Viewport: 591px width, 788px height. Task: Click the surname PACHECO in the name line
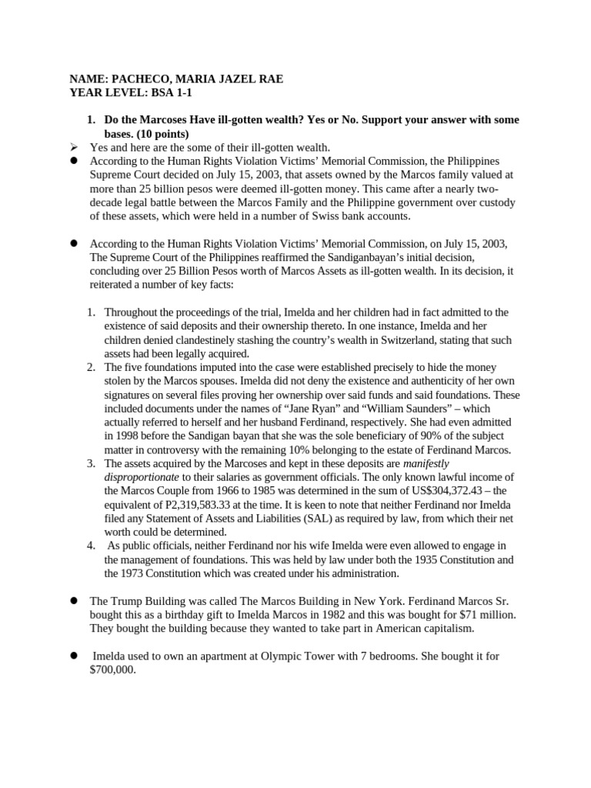(x=136, y=78)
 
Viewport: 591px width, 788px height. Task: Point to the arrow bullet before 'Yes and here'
(x=75, y=147)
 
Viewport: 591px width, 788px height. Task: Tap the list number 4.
(x=91, y=546)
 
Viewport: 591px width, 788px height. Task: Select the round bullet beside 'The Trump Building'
(x=75, y=600)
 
